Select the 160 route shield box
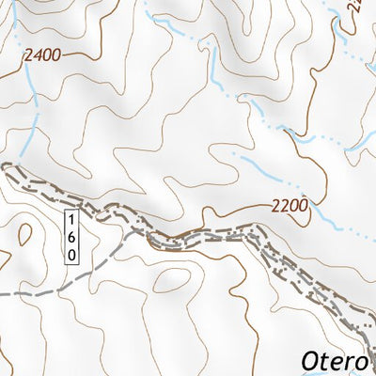click(x=72, y=236)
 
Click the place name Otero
click(x=337, y=360)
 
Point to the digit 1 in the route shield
click(x=72, y=220)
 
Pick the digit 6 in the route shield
click(x=72, y=236)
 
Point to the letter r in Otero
click(x=355, y=361)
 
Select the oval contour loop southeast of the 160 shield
click(x=172, y=280)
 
